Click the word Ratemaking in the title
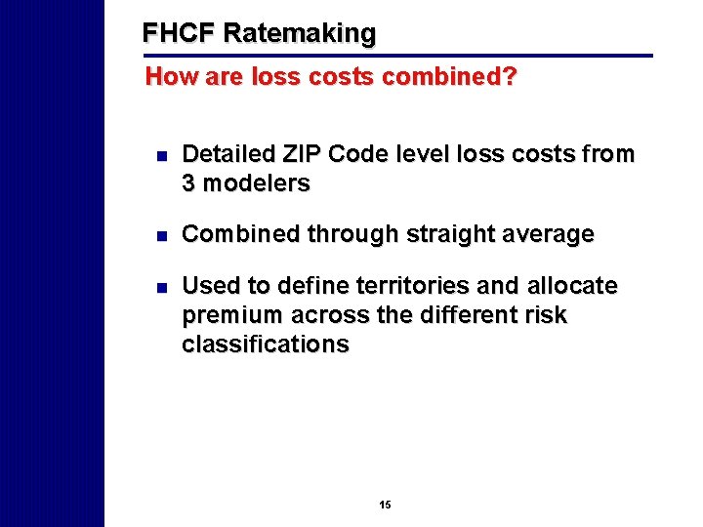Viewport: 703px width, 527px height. [x=299, y=33]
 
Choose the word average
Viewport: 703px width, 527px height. [x=550, y=234]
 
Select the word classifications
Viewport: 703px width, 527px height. [x=265, y=344]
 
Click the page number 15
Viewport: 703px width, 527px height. [x=385, y=505]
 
